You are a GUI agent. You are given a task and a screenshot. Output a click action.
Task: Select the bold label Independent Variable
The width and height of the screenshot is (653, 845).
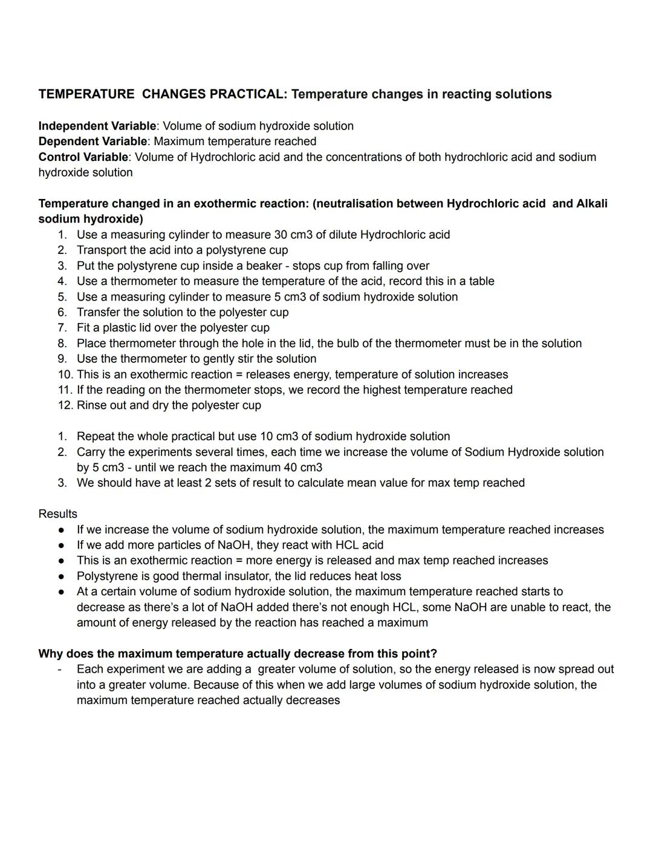[97, 126]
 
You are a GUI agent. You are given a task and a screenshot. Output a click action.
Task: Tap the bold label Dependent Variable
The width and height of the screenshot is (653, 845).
[93, 142]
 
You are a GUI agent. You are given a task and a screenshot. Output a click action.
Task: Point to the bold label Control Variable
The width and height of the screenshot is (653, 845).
[83, 157]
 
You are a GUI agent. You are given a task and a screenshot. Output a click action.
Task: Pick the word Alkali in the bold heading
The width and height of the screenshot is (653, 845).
[591, 204]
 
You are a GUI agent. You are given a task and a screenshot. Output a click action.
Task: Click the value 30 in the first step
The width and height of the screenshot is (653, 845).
[280, 235]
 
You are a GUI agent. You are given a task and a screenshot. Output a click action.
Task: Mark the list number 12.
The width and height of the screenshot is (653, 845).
[65, 405]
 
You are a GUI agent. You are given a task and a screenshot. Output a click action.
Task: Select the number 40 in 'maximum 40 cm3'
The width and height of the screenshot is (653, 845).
[291, 468]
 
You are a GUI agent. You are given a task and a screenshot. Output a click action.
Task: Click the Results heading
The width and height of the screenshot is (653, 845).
[57, 514]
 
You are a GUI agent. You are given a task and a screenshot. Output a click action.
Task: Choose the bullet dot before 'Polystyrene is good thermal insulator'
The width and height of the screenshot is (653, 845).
[61, 576]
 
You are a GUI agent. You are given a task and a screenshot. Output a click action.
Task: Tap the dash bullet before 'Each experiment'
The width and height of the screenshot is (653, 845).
[60, 670]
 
